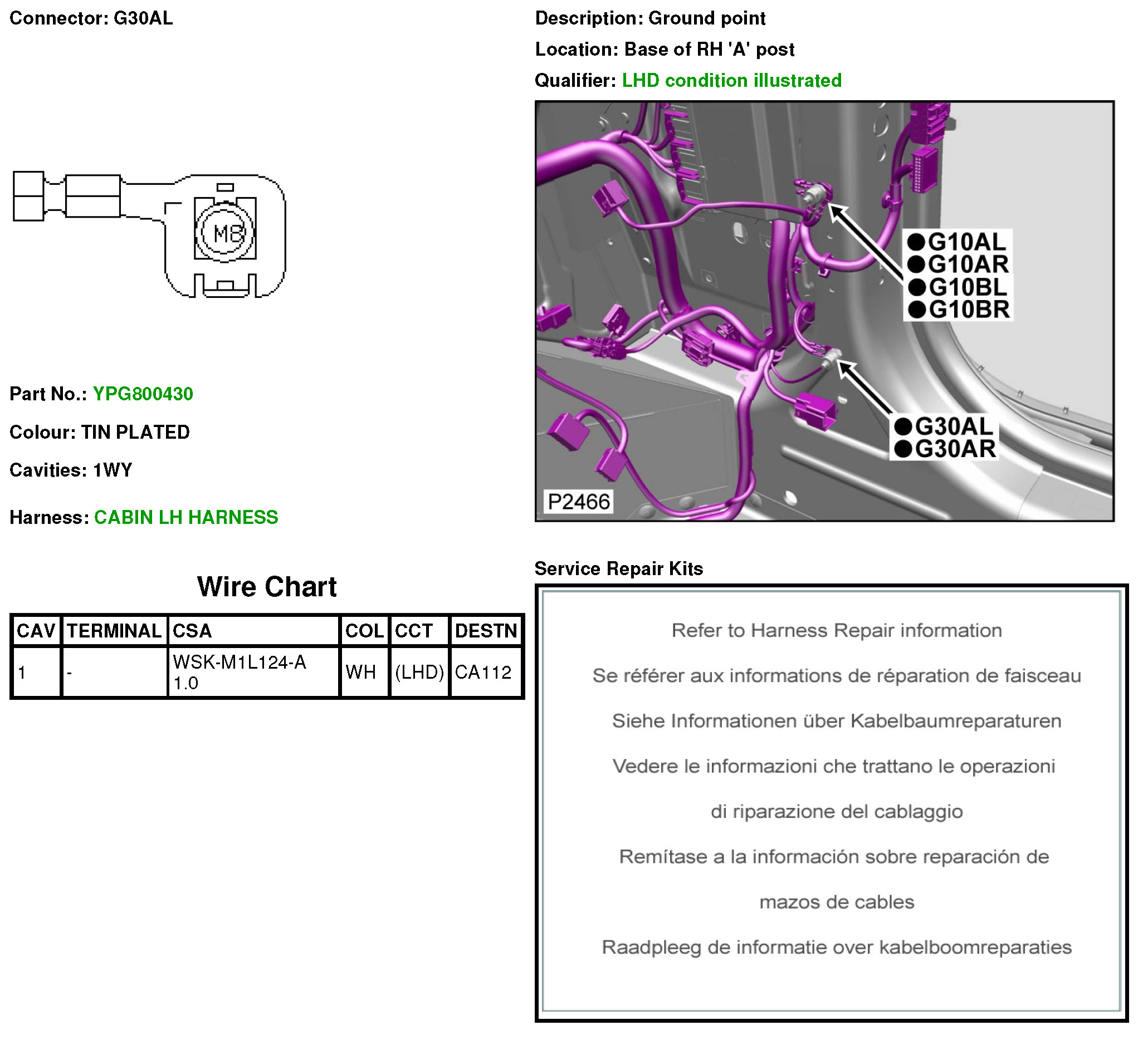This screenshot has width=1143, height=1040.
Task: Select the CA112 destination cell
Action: click(x=483, y=673)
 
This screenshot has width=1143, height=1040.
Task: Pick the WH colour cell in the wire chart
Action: click(x=361, y=673)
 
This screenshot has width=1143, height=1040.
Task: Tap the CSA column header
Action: click(x=192, y=631)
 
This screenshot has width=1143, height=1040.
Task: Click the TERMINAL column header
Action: click(x=114, y=631)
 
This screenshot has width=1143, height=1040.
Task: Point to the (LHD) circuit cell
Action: click(x=419, y=673)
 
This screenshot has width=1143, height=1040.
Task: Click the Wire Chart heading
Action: click(x=267, y=587)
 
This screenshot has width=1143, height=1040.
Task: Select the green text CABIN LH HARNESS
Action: click(x=186, y=518)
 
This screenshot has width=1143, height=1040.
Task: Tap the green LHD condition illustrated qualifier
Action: click(x=732, y=81)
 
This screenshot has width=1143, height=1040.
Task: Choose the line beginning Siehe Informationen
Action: click(x=837, y=722)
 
